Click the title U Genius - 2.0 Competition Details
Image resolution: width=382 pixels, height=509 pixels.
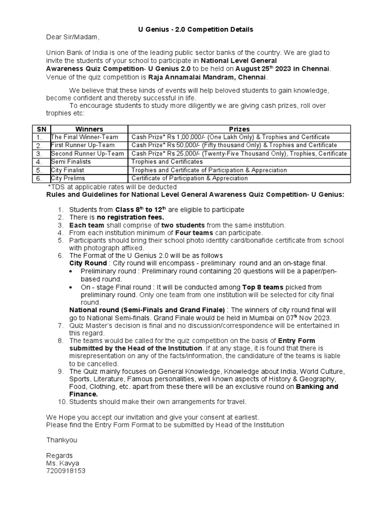pyautogui.click(x=195, y=29)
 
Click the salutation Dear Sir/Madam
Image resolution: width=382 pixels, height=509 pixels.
pyautogui.click(x=73, y=37)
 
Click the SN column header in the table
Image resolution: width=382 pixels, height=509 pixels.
pyautogui.click(x=41, y=129)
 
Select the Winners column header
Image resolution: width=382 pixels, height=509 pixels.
pyautogui.click(x=89, y=129)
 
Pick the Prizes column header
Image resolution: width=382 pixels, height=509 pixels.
pyautogui.click(x=239, y=129)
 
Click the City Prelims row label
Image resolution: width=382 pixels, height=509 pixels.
pyautogui.click(x=68, y=178)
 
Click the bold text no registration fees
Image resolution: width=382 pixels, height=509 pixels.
pyautogui.click(x=130, y=217)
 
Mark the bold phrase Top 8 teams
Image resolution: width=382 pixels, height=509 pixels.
pyautogui.click(x=263, y=287)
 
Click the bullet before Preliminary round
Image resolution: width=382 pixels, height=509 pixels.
pyautogui.click(x=72, y=272)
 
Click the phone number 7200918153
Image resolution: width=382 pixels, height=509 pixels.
pyautogui.click(x=66, y=471)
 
